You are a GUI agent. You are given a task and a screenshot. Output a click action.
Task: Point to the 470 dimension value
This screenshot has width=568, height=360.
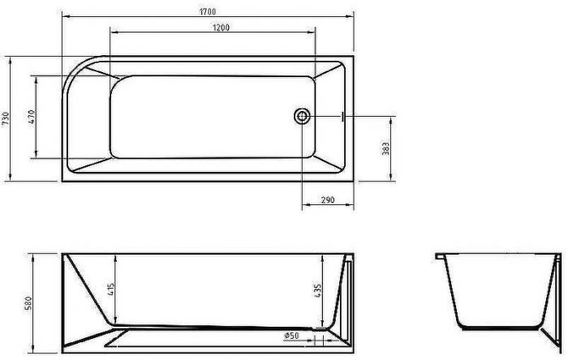(x=31, y=116)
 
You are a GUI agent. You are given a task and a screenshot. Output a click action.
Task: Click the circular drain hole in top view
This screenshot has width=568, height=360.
(x=302, y=117)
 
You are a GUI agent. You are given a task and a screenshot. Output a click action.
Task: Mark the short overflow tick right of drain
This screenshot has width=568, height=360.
(x=343, y=117)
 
